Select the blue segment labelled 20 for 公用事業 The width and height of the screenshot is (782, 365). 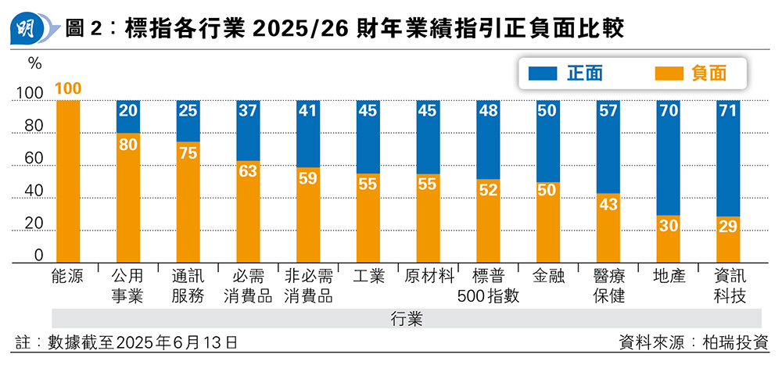[x=127, y=116]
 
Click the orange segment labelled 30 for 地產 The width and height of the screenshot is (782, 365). [x=668, y=238]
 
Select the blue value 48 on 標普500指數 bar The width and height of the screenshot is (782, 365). [x=488, y=111]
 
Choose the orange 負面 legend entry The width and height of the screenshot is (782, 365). [x=688, y=73]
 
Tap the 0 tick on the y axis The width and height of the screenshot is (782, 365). [x=38, y=256]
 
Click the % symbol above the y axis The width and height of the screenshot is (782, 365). [x=34, y=61]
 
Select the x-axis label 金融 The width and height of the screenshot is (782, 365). [x=548, y=276]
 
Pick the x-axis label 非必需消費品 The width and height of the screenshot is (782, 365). [x=308, y=286]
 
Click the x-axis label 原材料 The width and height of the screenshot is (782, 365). [x=429, y=276]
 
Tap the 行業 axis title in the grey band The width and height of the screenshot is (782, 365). [x=407, y=319]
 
